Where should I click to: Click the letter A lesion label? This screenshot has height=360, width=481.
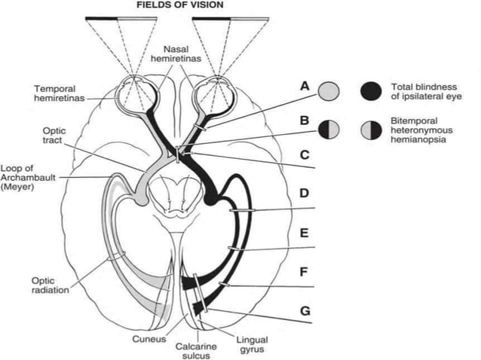pos(305,86)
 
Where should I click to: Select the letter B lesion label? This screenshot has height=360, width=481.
pos(305,120)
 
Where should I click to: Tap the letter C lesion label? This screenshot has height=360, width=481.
pos(305,155)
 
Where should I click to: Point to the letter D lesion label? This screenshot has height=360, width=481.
pos(305,194)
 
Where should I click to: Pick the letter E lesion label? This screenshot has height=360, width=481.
pos(305,233)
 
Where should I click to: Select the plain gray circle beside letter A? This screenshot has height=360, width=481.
pos(329,91)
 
